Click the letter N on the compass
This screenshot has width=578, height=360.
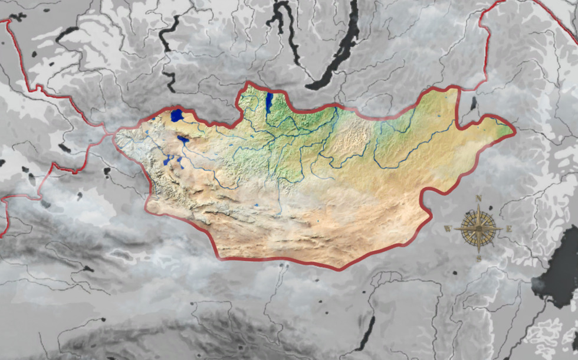tap(479, 198)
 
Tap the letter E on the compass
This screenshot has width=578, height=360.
tap(509, 228)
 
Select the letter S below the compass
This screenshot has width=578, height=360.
tap(479, 258)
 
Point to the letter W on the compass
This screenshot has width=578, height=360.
tap(448, 228)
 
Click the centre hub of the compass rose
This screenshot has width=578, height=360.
tap(479, 228)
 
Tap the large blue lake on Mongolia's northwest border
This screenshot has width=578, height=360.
tap(177, 114)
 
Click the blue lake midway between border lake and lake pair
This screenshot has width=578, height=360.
tap(183, 140)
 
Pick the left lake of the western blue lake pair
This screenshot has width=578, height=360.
tap(168, 160)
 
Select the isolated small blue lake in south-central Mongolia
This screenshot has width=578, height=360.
tap(258, 205)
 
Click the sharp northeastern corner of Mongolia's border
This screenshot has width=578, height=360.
tap(458, 87)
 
